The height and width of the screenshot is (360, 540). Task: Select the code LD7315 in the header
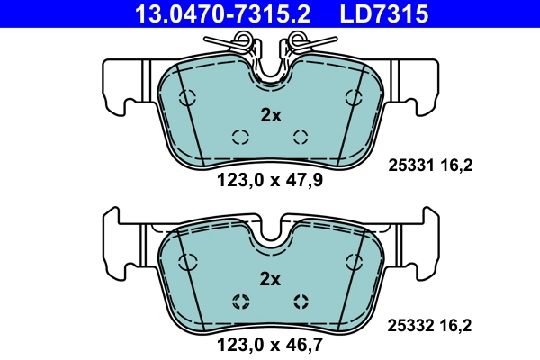tap(382, 13)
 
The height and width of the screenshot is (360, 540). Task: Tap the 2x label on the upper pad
tap(270, 115)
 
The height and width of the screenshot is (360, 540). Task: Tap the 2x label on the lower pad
tap(270, 278)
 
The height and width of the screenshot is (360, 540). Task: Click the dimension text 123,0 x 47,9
tap(270, 180)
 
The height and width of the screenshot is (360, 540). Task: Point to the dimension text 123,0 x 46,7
tap(270, 343)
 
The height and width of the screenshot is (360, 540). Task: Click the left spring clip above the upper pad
tap(236, 43)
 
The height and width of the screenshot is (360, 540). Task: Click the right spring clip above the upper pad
tap(304, 43)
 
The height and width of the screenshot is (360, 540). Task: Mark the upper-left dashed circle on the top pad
tap(188, 98)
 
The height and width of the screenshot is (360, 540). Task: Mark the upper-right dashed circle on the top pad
tap(352, 98)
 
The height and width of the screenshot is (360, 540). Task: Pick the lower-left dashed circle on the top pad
tap(239, 137)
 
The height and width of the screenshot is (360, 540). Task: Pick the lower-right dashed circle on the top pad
tap(301, 137)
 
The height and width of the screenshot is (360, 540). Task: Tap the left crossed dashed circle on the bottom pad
tap(239, 301)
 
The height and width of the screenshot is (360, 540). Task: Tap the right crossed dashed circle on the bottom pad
tap(301, 301)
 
